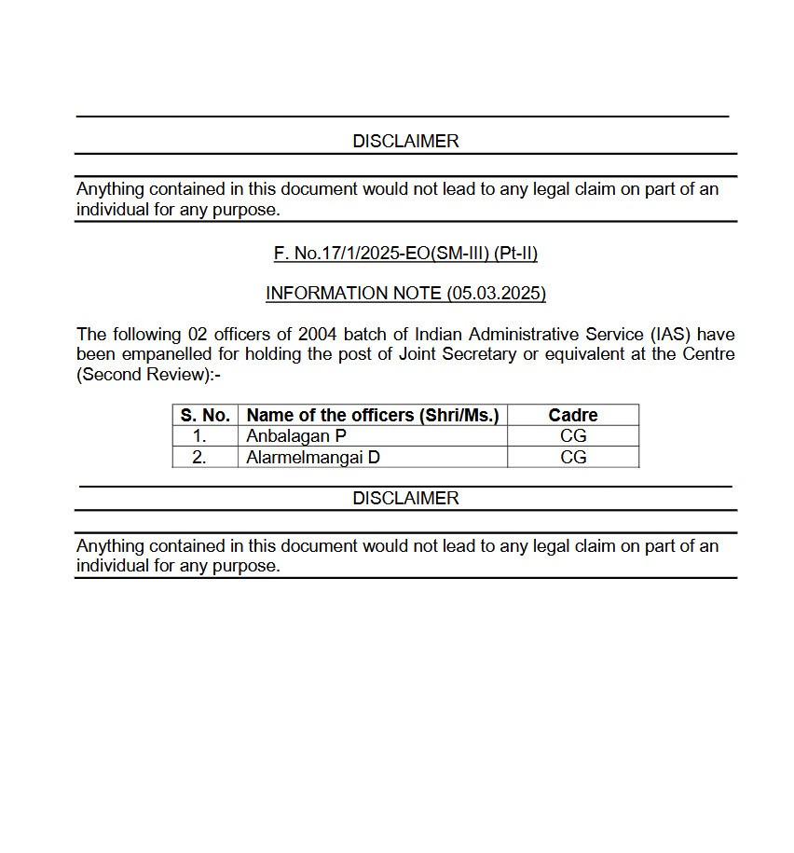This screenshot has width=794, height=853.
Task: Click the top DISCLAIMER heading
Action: coord(405,141)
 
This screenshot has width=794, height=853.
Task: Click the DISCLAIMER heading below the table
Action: coord(405,498)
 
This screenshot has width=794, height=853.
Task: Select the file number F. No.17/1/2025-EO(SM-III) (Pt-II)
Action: coord(405,253)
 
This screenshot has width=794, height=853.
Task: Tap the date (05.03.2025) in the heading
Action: coord(496,293)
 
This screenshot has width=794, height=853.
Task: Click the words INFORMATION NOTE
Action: coord(354,293)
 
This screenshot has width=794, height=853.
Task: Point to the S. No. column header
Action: coord(205,415)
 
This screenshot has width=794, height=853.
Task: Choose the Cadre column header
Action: coord(573,415)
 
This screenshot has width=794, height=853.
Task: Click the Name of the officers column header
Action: coord(372,415)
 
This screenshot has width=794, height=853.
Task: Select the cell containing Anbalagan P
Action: coord(296,435)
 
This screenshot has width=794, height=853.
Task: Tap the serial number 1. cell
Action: coord(199,435)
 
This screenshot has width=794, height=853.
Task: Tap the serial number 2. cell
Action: coord(199,457)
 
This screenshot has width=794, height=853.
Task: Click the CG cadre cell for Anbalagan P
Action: coord(573,435)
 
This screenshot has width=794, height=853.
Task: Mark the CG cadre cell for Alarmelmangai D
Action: coord(573,457)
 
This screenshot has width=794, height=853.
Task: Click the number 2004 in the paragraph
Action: coord(317,334)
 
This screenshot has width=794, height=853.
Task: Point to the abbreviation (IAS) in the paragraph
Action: coord(670,334)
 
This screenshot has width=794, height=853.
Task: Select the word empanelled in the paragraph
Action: coord(164,354)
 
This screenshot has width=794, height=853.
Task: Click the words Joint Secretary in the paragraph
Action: coord(457,354)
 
